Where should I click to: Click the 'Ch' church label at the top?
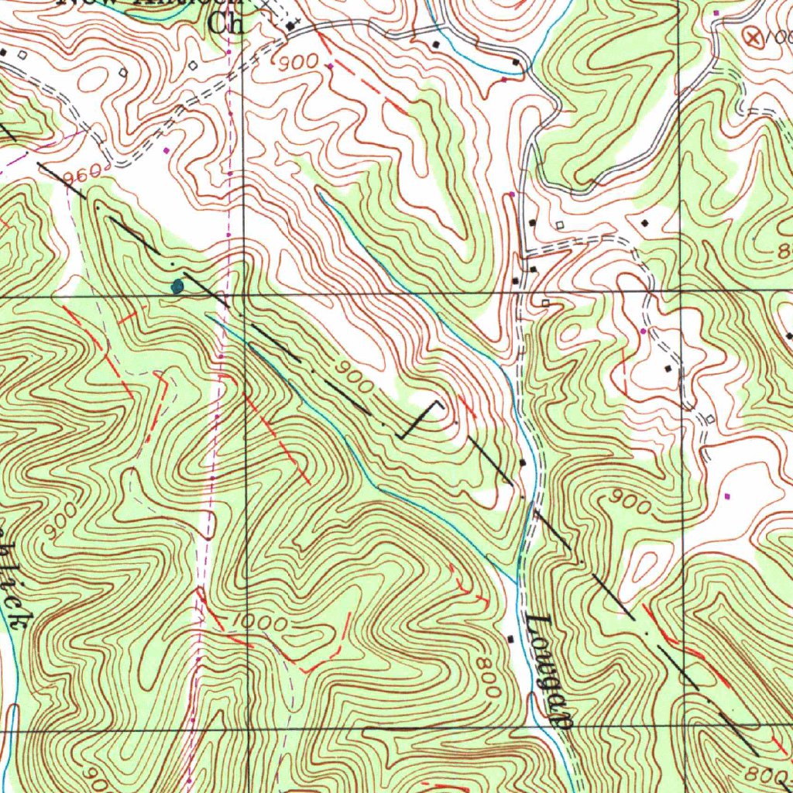point(225,24)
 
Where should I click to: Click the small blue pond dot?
point(177,287)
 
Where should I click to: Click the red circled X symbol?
point(751,34)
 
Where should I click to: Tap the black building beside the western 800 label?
point(510,639)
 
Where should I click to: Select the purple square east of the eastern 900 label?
point(726,495)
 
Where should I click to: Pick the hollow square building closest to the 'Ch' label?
point(193,65)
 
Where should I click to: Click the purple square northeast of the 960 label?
point(166,149)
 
